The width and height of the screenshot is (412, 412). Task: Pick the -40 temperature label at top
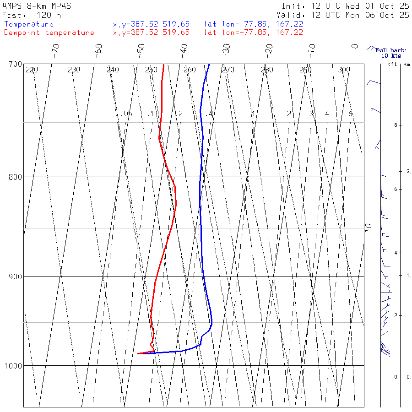[x=184, y=49]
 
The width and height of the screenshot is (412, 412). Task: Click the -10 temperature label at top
[x=312, y=49]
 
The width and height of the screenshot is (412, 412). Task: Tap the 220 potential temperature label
[x=32, y=70]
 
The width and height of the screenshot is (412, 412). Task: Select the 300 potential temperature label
[x=344, y=70]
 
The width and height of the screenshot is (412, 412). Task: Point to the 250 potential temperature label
[x=151, y=70]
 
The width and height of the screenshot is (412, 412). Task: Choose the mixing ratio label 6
[x=350, y=114]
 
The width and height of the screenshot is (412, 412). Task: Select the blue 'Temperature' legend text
[x=29, y=24]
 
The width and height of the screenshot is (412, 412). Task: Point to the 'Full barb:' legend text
[x=388, y=50]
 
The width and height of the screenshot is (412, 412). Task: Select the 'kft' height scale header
[x=392, y=65]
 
